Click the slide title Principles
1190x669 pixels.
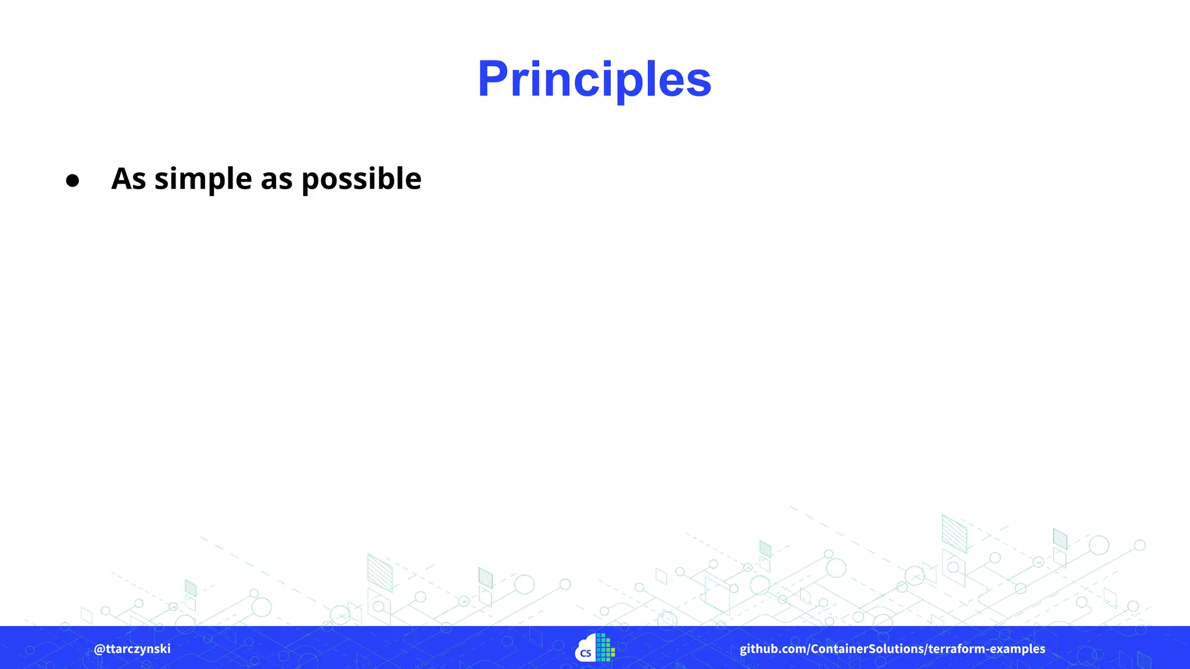[594, 80]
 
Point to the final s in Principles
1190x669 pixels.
[699, 84]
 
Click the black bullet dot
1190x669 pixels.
[72, 181]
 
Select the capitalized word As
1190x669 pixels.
[128, 178]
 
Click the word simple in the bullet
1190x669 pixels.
[203, 179]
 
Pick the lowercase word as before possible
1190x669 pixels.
[277, 179]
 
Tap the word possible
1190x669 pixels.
[361, 179]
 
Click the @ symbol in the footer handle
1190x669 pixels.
[99, 649]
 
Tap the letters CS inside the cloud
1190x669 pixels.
[586, 653]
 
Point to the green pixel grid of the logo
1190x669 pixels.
[605, 648]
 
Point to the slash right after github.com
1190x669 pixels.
[808, 649]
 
